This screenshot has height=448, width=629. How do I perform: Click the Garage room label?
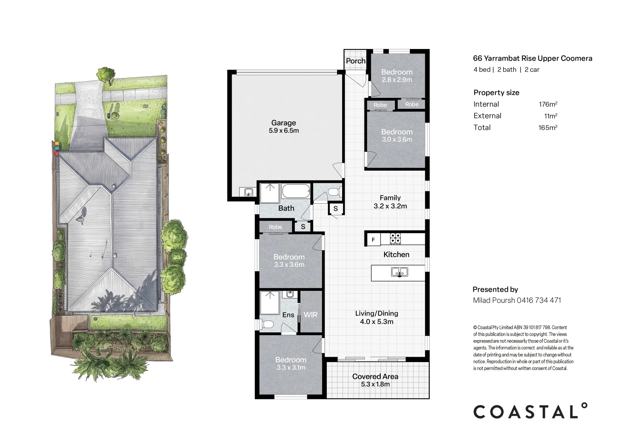pyautogui.click(x=283, y=123)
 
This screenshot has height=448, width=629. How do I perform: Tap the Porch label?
pyautogui.click(x=355, y=61)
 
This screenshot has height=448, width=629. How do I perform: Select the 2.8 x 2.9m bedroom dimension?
pyautogui.click(x=397, y=80)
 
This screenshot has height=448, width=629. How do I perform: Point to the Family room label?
pyautogui.click(x=390, y=198)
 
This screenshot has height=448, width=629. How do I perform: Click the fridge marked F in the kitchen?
pyautogui.click(x=374, y=240)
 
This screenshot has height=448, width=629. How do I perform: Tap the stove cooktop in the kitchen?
pyautogui.click(x=395, y=239)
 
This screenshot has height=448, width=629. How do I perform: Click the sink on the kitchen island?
pyautogui.click(x=399, y=272)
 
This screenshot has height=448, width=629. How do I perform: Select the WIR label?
pyautogui.click(x=311, y=315)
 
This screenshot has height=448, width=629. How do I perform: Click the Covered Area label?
pyautogui.click(x=375, y=377)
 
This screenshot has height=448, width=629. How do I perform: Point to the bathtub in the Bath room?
pyautogui.click(x=296, y=191)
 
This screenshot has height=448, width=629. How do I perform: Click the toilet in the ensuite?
pyautogui.click(x=268, y=325)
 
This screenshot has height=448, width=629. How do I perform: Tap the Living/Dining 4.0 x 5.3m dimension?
pyautogui.click(x=377, y=321)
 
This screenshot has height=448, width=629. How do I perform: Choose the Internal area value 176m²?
pyautogui.click(x=548, y=104)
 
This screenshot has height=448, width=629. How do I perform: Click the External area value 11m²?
pyautogui.click(x=551, y=116)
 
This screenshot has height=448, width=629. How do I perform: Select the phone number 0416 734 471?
pyautogui.click(x=538, y=300)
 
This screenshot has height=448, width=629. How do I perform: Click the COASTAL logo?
pyautogui.click(x=530, y=411)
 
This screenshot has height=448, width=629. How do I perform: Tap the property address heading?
pyautogui.click(x=533, y=58)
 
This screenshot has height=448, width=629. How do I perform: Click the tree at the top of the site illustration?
pyautogui.click(x=106, y=75)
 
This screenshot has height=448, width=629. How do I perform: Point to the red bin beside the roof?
pyautogui.click(x=56, y=154)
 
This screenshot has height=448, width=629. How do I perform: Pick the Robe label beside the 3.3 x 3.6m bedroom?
pyautogui.click(x=275, y=227)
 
